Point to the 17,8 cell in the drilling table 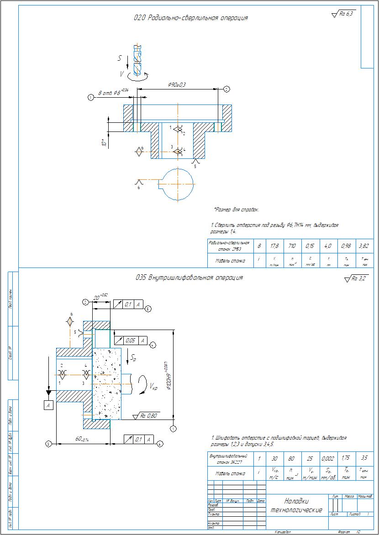point(274,246)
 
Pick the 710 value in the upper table point(292,246)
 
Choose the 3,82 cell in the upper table point(364,246)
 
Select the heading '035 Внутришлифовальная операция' point(189,278)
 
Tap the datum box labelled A point(48,405)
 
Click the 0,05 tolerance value point(131,341)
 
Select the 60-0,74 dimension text point(82,439)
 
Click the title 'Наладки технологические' point(296,505)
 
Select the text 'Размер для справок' point(237,210)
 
